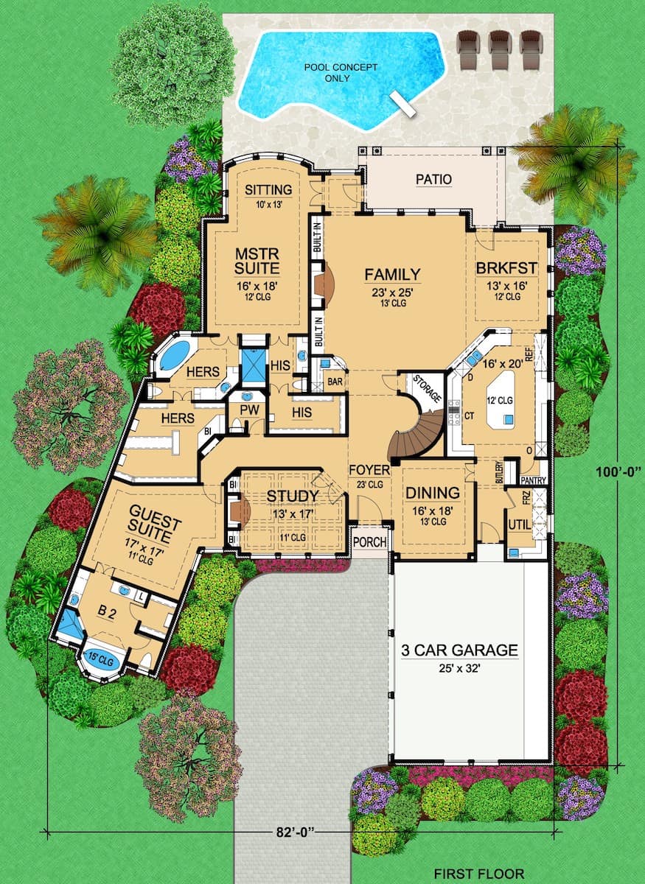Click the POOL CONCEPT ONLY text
tap(341, 73)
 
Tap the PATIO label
tap(433, 179)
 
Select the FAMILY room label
tap(392, 274)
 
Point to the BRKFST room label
tap(506, 268)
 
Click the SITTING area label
tap(268, 190)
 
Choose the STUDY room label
tap(293, 496)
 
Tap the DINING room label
tap(433, 493)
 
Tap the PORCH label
tap(369, 542)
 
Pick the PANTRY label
tap(533, 480)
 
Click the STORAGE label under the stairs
tap(427, 388)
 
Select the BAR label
tap(335, 382)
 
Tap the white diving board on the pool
tap(402, 103)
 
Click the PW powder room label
tap(250, 410)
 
